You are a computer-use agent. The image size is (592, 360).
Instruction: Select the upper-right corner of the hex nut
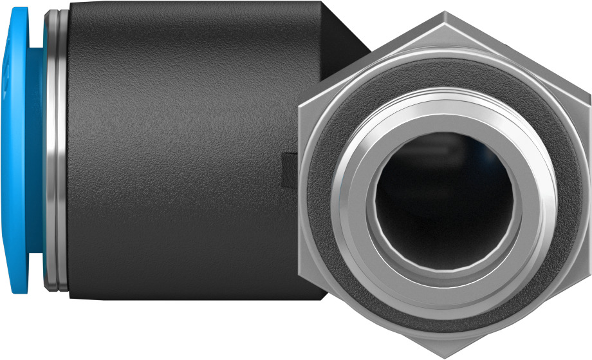click(589, 95)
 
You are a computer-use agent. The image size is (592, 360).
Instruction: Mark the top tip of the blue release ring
click(23, 9)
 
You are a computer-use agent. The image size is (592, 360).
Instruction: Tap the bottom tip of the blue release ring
click(23, 291)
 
